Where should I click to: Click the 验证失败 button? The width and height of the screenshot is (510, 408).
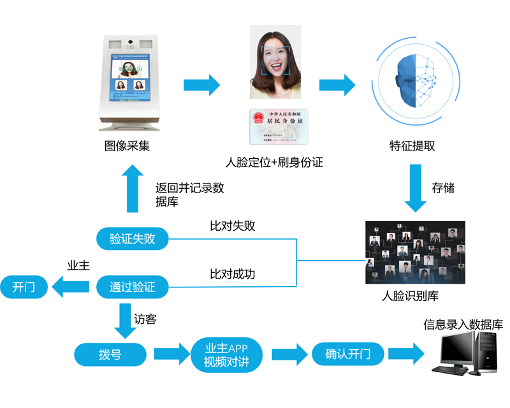[x=133, y=238]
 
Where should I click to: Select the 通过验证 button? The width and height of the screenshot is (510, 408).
[x=133, y=287]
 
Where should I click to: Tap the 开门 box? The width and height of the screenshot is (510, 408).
[x=25, y=287]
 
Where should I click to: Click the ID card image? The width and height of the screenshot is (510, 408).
[x=275, y=126]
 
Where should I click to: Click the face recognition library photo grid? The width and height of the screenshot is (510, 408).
[x=415, y=252]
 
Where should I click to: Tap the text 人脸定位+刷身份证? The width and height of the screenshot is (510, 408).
[x=275, y=163]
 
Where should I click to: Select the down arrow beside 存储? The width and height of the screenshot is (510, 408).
[x=416, y=188]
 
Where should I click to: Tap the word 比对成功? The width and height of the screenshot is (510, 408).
[x=233, y=274]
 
